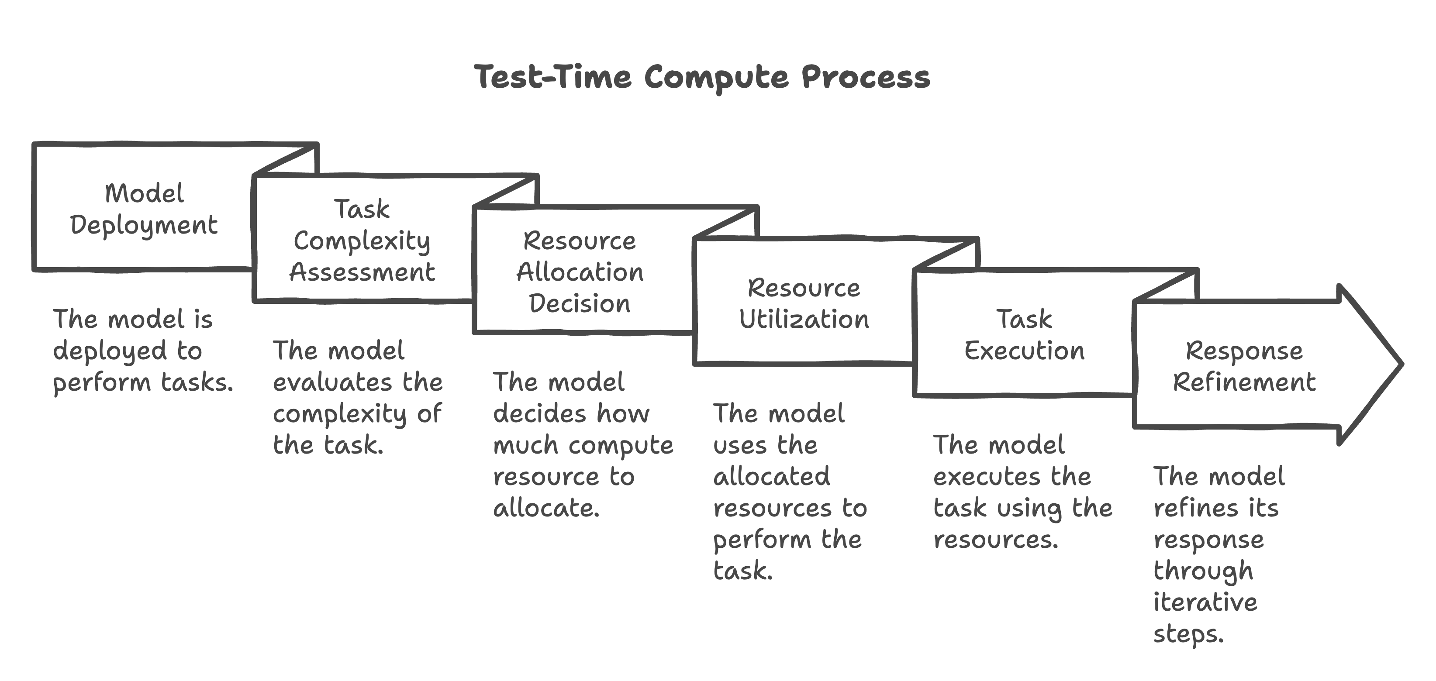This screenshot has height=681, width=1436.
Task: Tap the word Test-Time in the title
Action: (552, 77)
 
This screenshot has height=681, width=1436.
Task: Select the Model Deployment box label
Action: (144, 210)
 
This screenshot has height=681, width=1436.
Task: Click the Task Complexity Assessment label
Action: (362, 241)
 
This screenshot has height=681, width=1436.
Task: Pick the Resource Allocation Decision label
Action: (580, 272)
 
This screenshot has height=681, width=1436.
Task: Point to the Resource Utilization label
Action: (804, 304)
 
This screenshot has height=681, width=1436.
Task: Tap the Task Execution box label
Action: (1024, 335)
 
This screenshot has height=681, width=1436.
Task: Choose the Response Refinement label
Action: (1244, 367)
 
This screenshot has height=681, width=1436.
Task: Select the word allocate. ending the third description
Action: (546, 508)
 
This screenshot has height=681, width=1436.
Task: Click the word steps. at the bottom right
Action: (1188, 635)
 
